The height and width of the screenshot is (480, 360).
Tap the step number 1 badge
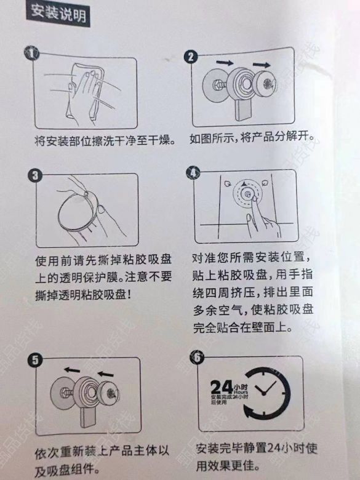[31, 54]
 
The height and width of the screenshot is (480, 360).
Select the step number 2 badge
[191, 57]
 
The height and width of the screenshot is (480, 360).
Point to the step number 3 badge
[35, 175]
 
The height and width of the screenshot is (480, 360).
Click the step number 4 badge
[193, 173]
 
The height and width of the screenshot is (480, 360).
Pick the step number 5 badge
[35, 360]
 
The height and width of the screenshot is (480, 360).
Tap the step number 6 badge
[197, 357]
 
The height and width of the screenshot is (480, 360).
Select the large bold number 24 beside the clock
[222, 387]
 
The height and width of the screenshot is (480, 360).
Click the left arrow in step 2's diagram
[225, 62]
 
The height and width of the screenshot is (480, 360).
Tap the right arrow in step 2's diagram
[262, 65]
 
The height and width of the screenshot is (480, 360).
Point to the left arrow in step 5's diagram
[72, 370]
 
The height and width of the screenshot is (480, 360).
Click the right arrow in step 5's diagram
[106, 374]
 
